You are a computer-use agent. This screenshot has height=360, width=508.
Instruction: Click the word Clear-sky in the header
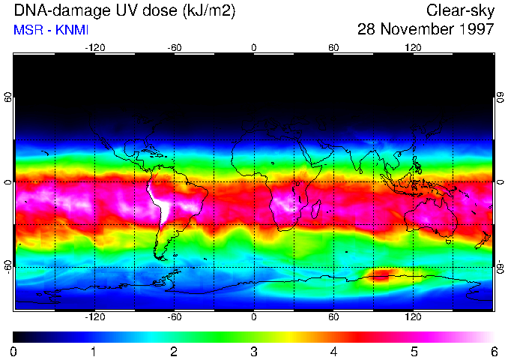click(460, 10)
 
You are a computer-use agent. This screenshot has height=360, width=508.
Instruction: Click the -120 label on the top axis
click(94, 47)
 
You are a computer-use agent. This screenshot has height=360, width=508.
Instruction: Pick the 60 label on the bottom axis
click(333, 317)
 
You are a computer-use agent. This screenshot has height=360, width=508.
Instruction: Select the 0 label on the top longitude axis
click(254, 47)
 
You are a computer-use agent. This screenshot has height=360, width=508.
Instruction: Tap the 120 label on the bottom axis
click(413, 317)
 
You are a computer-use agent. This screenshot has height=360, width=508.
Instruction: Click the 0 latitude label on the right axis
click(500, 183)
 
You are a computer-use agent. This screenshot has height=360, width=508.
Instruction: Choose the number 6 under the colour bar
click(493, 351)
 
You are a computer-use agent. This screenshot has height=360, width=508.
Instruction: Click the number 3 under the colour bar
click(253, 351)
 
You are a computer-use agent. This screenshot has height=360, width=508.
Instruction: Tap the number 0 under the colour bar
click(14, 351)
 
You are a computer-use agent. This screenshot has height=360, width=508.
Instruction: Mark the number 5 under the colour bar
click(414, 351)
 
